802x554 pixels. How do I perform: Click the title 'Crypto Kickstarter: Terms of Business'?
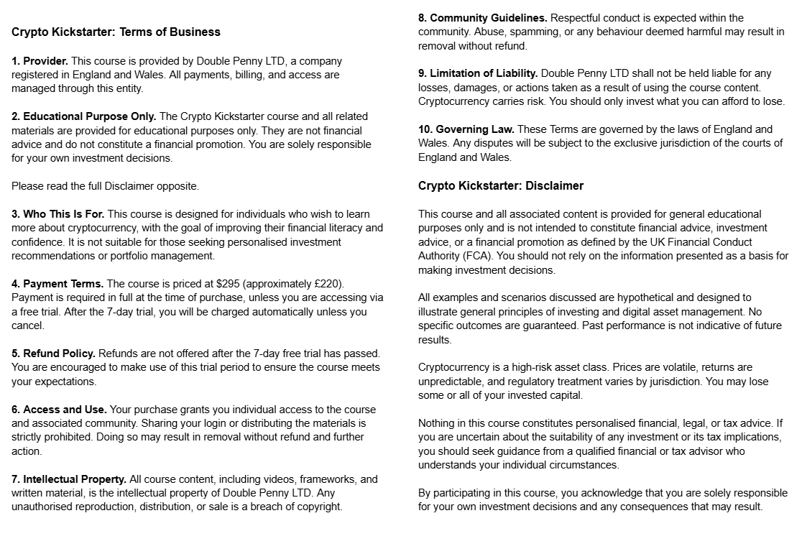coord(116,32)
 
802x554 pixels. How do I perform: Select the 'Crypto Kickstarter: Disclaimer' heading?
coord(501,185)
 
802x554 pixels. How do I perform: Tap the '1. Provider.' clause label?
coord(40,61)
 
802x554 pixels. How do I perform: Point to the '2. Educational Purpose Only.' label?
coord(83,116)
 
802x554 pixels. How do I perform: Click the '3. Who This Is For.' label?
coord(58,214)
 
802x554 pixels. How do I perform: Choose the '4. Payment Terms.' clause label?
coord(57,284)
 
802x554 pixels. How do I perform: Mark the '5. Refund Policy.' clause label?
coord(53,354)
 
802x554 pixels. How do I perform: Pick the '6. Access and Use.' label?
coord(59,410)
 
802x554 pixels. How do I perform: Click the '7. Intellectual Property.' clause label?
coord(69,479)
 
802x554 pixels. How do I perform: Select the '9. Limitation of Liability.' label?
coord(478,73)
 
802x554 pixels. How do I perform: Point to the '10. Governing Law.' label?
coord(466,129)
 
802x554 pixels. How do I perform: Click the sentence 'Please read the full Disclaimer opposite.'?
coord(105,186)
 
